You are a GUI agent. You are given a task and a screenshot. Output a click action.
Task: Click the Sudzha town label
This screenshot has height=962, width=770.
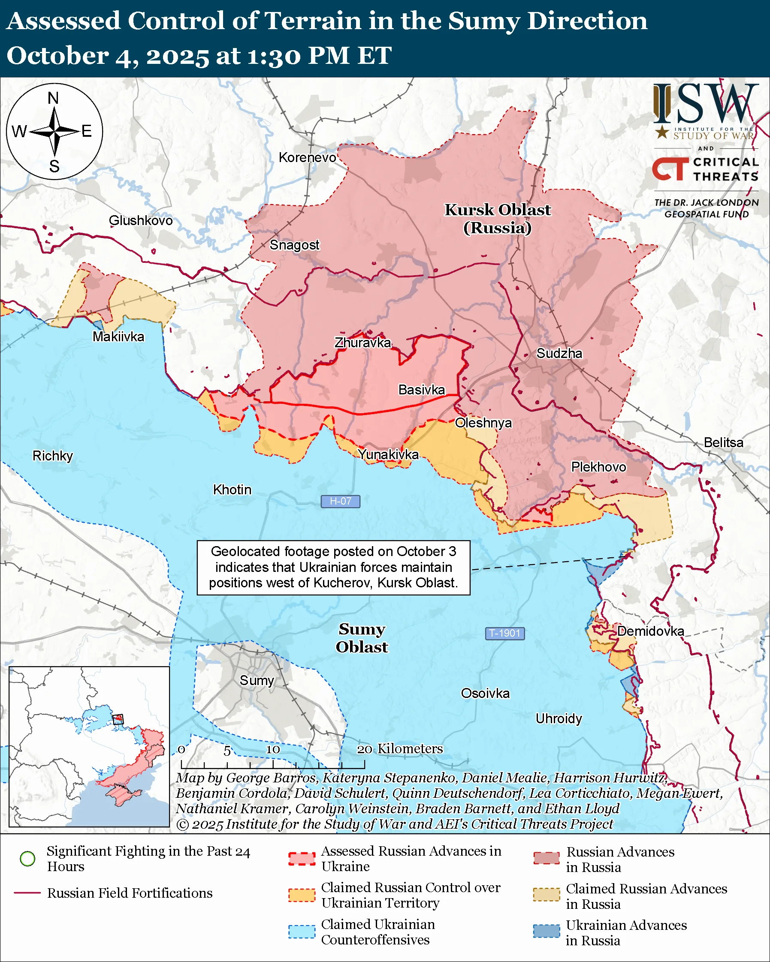click(x=559, y=353)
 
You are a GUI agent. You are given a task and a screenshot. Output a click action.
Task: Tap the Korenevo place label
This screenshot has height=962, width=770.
click(x=307, y=157)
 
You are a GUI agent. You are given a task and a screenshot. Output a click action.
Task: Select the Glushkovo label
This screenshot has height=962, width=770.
click(x=141, y=220)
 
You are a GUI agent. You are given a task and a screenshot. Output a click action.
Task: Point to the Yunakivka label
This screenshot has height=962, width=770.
click(x=388, y=454)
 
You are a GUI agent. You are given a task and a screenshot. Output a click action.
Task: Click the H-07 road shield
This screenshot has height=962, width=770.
click(x=340, y=501)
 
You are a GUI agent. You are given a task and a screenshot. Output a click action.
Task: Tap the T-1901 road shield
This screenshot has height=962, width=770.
click(x=504, y=633)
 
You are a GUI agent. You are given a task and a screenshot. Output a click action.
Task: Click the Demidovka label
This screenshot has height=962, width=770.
click(x=650, y=631)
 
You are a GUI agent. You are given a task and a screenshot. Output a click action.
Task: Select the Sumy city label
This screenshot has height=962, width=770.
click(x=257, y=680)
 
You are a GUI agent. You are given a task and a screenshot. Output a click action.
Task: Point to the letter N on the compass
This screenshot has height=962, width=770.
click(x=53, y=98)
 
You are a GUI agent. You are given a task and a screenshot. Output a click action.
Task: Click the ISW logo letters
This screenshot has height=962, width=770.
click(x=705, y=105)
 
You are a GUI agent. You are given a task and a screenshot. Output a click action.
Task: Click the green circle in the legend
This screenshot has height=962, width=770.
click(x=28, y=859)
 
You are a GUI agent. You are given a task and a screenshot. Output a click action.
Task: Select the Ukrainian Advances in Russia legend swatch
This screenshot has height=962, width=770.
click(x=546, y=932)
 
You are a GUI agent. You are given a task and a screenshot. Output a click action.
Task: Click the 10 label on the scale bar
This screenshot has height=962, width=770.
click(x=273, y=750)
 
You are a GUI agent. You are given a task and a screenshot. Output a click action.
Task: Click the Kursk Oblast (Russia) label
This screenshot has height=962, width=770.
click(x=497, y=219)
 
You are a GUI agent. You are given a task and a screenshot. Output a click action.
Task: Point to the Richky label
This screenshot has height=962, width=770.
click(x=53, y=456)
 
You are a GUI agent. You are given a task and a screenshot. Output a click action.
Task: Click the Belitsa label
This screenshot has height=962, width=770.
click(x=723, y=442)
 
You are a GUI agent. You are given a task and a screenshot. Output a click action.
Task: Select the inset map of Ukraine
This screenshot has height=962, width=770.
click(x=89, y=746)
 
